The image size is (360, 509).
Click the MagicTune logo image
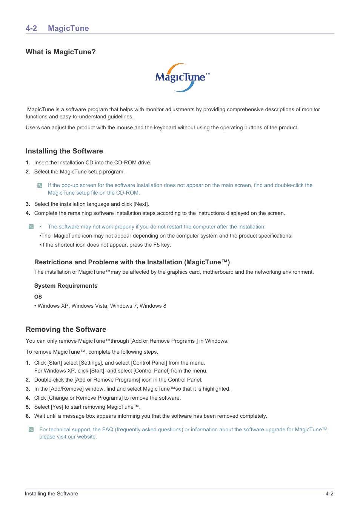[x=182, y=78]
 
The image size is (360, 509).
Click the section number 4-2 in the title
[x=31, y=28]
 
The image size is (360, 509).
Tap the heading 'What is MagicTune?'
[x=61, y=52]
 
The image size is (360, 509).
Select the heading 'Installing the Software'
[x=64, y=151]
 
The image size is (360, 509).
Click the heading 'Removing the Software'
[x=66, y=330]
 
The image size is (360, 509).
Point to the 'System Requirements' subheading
[x=66, y=286]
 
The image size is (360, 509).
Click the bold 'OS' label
[x=38, y=297]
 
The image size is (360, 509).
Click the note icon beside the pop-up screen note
[x=40, y=186]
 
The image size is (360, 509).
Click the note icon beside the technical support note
[x=31, y=429]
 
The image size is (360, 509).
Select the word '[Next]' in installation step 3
[x=141, y=204]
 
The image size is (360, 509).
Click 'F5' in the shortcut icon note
[x=156, y=245]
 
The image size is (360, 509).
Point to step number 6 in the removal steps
[x=28, y=416]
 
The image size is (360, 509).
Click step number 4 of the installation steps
[x=28, y=213]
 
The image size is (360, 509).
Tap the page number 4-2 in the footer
[x=329, y=494]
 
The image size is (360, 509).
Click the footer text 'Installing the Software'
[x=52, y=494]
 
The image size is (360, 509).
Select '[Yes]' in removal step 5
[x=57, y=407]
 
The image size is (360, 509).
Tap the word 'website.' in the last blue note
[x=87, y=437]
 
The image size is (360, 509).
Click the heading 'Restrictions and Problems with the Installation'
[x=132, y=262]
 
